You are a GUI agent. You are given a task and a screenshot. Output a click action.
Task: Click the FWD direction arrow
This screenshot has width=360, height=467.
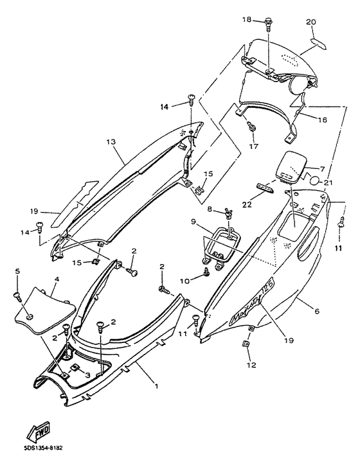(x=39, y=432)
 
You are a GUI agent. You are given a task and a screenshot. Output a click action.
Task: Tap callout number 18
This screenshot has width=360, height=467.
(x=247, y=20)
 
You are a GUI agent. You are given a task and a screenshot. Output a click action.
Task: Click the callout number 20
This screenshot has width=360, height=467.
(x=311, y=22)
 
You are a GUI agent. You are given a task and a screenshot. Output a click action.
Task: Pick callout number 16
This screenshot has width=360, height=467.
(x=322, y=119)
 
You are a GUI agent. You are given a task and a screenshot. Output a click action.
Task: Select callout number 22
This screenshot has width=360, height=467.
(x=247, y=204)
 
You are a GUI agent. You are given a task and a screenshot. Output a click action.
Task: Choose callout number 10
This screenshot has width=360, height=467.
(x=185, y=281)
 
